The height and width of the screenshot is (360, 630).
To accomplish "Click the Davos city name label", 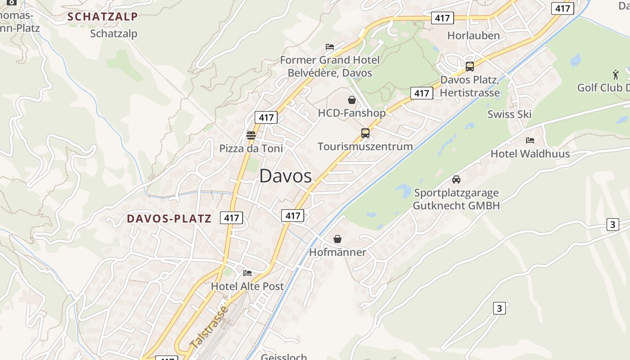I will [x=285, y=176].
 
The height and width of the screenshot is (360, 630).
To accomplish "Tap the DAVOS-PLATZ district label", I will [x=169, y=219].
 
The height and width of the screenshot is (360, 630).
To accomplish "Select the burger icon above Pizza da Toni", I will [x=251, y=135].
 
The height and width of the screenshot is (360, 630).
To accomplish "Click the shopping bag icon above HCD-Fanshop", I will [x=352, y=99].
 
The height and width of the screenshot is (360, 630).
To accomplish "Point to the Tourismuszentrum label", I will [x=365, y=146].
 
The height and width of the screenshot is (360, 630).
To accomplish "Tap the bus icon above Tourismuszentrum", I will [x=365, y=133].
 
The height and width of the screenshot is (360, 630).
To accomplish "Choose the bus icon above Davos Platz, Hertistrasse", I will [x=470, y=67].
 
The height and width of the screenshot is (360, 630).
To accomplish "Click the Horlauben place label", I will [x=473, y=36].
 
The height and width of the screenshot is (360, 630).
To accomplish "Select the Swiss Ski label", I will [x=509, y=114].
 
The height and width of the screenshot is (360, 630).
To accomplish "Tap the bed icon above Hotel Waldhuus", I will [x=530, y=140].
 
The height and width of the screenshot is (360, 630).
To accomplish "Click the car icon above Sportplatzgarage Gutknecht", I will [x=456, y=180].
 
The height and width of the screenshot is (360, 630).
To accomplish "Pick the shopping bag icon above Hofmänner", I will [x=337, y=239].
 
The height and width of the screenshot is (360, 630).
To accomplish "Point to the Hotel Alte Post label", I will [x=247, y=286].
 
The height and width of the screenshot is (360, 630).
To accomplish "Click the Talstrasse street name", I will [x=209, y=327].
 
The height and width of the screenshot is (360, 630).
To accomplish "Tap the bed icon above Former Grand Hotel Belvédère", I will [x=330, y=47].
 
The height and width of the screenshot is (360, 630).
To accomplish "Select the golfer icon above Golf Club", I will [x=616, y=74].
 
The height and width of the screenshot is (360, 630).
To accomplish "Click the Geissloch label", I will [x=284, y=357].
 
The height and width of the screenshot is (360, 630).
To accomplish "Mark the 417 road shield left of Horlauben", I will [x=442, y=18].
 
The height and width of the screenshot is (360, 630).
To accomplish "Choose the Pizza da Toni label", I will [x=251, y=148].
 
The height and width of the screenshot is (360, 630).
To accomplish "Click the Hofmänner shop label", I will [x=337, y=252].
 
